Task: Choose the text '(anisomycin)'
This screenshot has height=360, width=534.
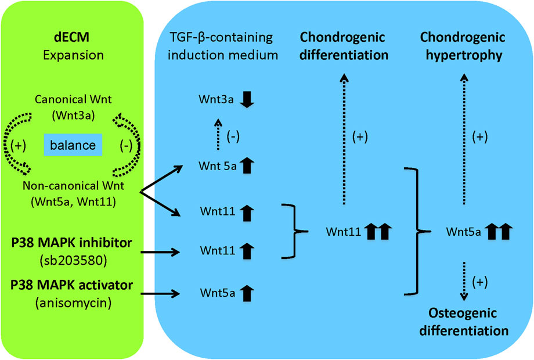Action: (73, 302)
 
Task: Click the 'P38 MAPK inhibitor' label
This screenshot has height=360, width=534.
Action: (73, 242)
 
